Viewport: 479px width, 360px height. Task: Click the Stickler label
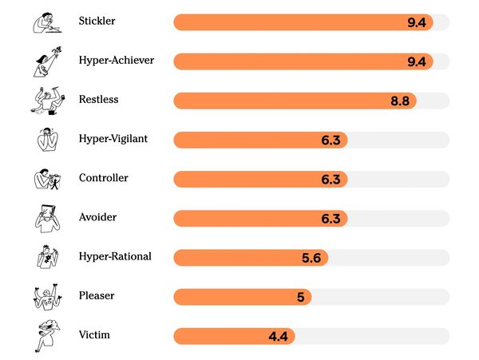click(x=97, y=21)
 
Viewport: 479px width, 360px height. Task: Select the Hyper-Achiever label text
click(x=116, y=60)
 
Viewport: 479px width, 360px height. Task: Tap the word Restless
click(x=99, y=100)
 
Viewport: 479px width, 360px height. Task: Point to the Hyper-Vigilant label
click(x=113, y=139)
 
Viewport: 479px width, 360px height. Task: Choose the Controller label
click(x=103, y=178)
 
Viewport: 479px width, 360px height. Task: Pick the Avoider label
click(x=97, y=217)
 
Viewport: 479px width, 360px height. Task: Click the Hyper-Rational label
click(x=115, y=256)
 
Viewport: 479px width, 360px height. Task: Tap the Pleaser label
click(x=97, y=295)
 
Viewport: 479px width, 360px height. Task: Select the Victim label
click(x=94, y=334)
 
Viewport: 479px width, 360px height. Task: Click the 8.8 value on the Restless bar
click(x=400, y=101)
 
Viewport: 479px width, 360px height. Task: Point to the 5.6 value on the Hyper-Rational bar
click(x=311, y=259)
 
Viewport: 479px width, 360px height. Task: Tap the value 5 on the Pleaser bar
click(x=300, y=298)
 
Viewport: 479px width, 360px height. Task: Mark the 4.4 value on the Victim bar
click(x=278, y=337)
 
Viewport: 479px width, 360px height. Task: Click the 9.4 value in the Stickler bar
click(x=417, y=22)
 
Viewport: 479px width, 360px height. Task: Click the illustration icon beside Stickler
click(x=46, y=22)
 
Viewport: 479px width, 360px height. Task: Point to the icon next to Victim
click(x=46, y=335)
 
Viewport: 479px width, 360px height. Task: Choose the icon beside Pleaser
click(x=46, y=296)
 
